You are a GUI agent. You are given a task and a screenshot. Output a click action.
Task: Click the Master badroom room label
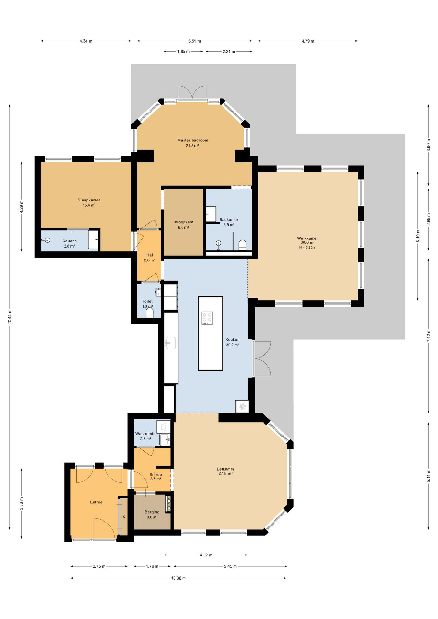(193, 140)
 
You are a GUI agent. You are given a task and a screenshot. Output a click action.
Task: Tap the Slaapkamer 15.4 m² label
(89, 202)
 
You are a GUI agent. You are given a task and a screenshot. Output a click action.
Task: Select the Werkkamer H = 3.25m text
(307, 248)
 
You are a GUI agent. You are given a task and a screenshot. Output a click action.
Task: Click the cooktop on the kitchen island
(207, 318)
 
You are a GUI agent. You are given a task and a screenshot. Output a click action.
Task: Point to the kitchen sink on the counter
(171, 343)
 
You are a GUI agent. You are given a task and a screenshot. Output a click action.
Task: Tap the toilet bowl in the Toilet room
(150, 312)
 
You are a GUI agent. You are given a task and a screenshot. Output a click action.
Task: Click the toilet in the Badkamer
(243, 245)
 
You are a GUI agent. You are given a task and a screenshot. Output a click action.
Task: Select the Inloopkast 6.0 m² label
(184, 225)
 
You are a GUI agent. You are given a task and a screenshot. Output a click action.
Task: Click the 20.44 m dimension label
(10, 317)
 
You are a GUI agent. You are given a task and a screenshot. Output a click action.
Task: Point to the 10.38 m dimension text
(178, 578)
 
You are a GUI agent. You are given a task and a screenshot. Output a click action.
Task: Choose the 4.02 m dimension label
(206, 555)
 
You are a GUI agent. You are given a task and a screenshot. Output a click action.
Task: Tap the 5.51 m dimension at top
(194, 41)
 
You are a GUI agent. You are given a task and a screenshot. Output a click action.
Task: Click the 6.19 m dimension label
(418, 236)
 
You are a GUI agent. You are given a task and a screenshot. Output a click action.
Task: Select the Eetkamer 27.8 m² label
(225, 471)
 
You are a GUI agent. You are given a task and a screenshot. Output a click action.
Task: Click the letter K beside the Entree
(124, 516)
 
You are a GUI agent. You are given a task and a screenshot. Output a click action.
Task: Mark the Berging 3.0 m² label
(152, 515)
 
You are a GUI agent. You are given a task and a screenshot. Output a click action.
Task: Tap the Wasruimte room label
(145, 434)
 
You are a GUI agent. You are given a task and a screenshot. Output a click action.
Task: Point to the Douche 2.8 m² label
(69, 243)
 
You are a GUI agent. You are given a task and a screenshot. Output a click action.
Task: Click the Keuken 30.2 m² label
(232, 342)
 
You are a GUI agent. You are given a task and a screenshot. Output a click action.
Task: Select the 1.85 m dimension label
(184, 51)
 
